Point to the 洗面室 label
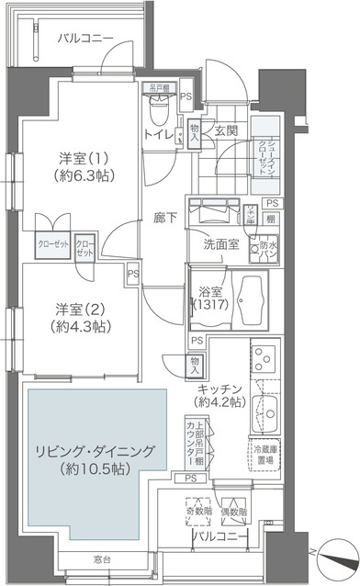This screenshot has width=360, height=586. pos(221,244)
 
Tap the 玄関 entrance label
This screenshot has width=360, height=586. pos(226,131)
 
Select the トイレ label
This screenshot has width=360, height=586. pos(157,135)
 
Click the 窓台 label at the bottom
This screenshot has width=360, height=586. pos(102,559)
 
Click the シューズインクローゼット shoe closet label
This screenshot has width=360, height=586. pos(265,145)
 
